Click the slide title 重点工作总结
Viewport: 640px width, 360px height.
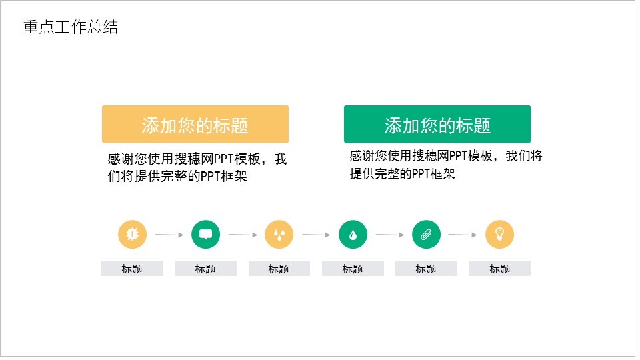tap(71, 27)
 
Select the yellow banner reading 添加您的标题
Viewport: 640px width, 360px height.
tap(195, 125)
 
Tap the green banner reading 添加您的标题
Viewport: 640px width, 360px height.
tap(437, 125)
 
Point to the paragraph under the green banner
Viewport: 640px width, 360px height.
tap(445, 165)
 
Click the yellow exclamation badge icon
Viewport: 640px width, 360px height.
tap(132, 234)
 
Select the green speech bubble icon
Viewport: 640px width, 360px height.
tap(205, 234)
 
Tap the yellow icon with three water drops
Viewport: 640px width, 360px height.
tap(279, 234)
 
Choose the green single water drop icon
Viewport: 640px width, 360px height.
tap(353, 234)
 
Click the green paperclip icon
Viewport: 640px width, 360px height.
tap(426, 234)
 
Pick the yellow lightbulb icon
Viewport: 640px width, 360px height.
tap(499, 234)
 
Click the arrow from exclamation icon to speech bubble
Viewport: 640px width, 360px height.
tap(169, 235)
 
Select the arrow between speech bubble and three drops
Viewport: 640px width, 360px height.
tap(243, 235)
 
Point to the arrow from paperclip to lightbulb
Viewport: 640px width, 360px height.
tap(463, 235)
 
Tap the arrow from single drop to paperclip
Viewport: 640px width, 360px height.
tap(389, 235)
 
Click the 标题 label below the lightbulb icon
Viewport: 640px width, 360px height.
tap(499, 269)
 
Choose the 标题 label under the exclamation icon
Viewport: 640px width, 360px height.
tap(132, 269)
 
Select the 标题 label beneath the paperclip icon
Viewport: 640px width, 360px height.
tap(426, 269)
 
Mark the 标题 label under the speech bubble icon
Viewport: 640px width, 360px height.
tap(205, 269)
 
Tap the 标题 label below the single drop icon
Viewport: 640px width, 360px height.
tap(353, 269)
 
